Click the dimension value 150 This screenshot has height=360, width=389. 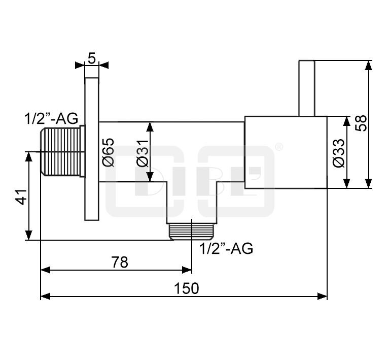186,288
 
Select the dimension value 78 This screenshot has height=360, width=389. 120,262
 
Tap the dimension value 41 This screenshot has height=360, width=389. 22,197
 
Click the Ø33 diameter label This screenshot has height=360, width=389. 339,153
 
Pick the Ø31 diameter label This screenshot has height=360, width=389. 143,153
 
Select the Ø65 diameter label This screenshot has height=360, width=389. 109,152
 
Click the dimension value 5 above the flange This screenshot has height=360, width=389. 91,58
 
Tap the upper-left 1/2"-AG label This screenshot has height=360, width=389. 51,118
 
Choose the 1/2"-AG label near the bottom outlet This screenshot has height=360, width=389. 226,248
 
